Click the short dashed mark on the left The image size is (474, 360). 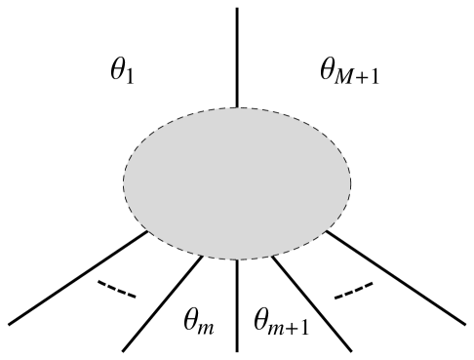pos(116,290)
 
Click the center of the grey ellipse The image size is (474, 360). pos(237,182)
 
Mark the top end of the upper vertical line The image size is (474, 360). pos(238,9)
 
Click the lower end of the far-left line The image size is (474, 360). pos(11,323)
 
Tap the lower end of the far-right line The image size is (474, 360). pos(464,323)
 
